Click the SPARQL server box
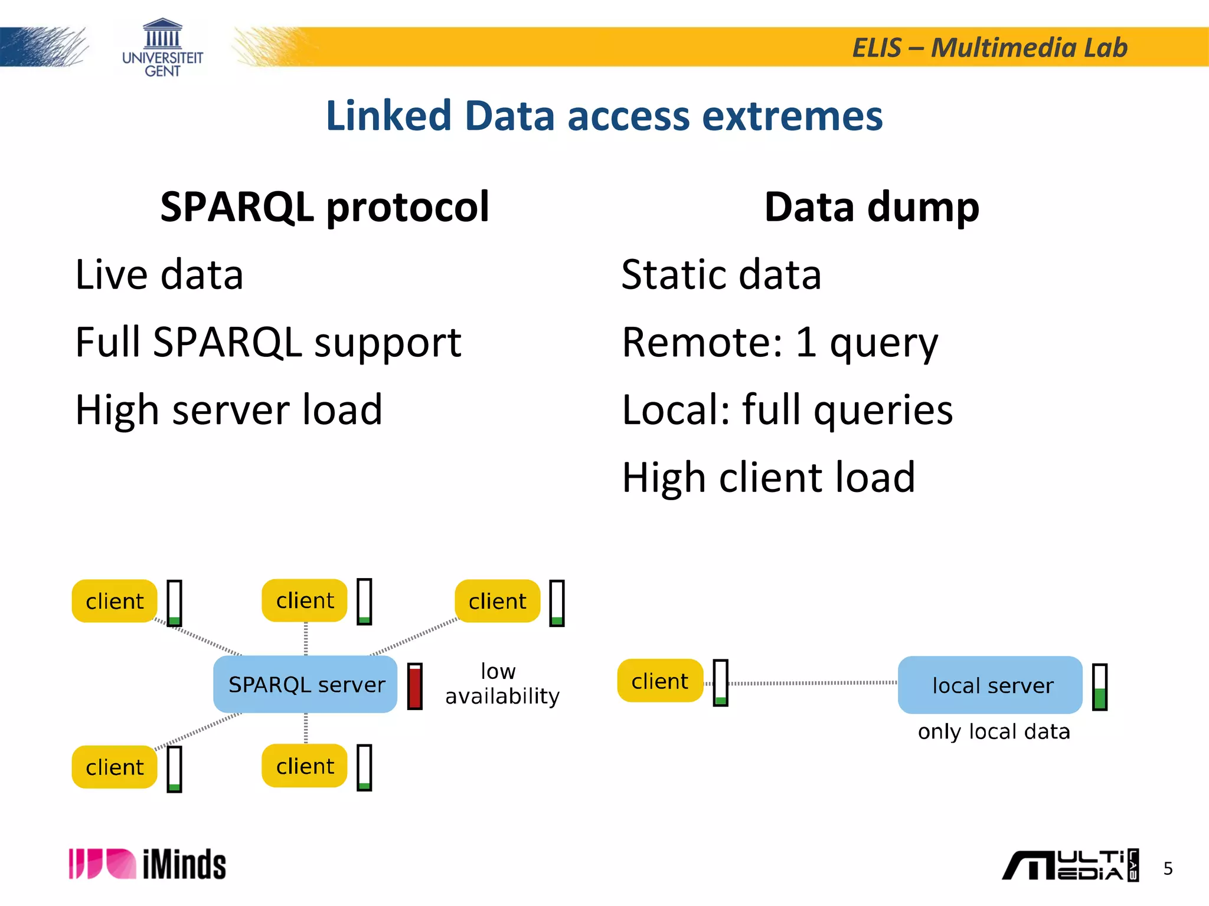point(305,684)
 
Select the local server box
point(990,685)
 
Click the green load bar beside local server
point(1099,687)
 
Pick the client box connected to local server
point(660,681)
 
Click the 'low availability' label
point(501,684)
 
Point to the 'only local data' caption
point(994,731)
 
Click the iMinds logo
point(148,864)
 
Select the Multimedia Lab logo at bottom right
point(1070,865)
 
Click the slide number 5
point(1168,868)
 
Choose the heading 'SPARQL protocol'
point(325,208)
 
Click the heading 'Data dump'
point(871,208)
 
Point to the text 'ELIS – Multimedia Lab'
point(989,48)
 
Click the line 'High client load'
point(768,477)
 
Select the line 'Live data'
point(159,275)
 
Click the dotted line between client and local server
point(813,683)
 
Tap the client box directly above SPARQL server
point(305,600)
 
